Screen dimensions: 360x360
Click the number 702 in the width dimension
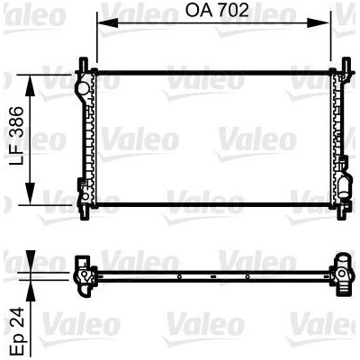pyautogui.click(x=234, y=11)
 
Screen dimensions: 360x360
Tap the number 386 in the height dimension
pyautogui.click(x=16, y=121)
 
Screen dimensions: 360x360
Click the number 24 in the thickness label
pyautogui.click(x=16, y=317)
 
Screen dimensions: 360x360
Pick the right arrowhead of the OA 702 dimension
pyautogui.click(x=319, y=22)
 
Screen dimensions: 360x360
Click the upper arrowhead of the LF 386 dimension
pyautogui.click(x=30, y=85)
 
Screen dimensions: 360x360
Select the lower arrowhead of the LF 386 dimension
pyautogui.click(x=30, y=193)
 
